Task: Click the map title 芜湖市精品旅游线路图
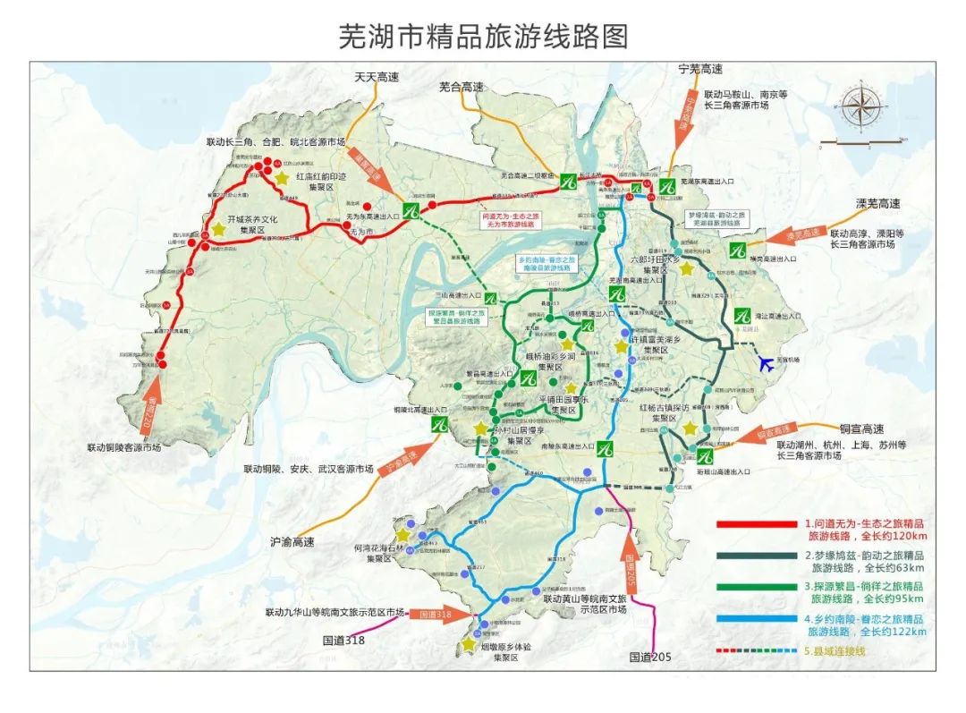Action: [x=483, y=36]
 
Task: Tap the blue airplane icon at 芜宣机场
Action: [x=766, y=363]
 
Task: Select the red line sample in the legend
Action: [x=755, y=525]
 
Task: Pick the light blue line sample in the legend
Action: [x=755, y=619]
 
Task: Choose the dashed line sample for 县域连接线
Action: [x=755, y=651]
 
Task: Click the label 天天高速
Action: [x=377, y=78]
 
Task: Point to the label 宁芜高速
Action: [x=700, y=69]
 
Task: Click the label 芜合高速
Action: [x=462, y=87]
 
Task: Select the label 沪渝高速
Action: [x=292, y=542]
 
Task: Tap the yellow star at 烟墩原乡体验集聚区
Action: [x=468, y=644]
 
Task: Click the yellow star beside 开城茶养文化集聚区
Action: [x=219, y=228]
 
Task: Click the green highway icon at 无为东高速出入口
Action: [x=411, y=211]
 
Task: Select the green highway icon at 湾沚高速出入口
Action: [x=741, y=316]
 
